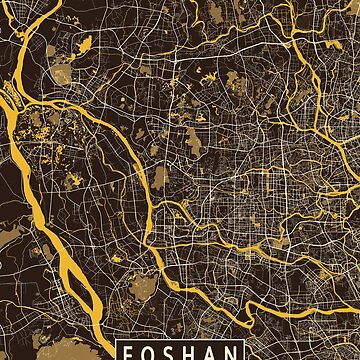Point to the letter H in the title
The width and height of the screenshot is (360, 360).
[192, 353]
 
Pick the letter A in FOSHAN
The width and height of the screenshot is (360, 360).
[212, 353]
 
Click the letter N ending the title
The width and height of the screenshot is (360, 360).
[232, 353]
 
